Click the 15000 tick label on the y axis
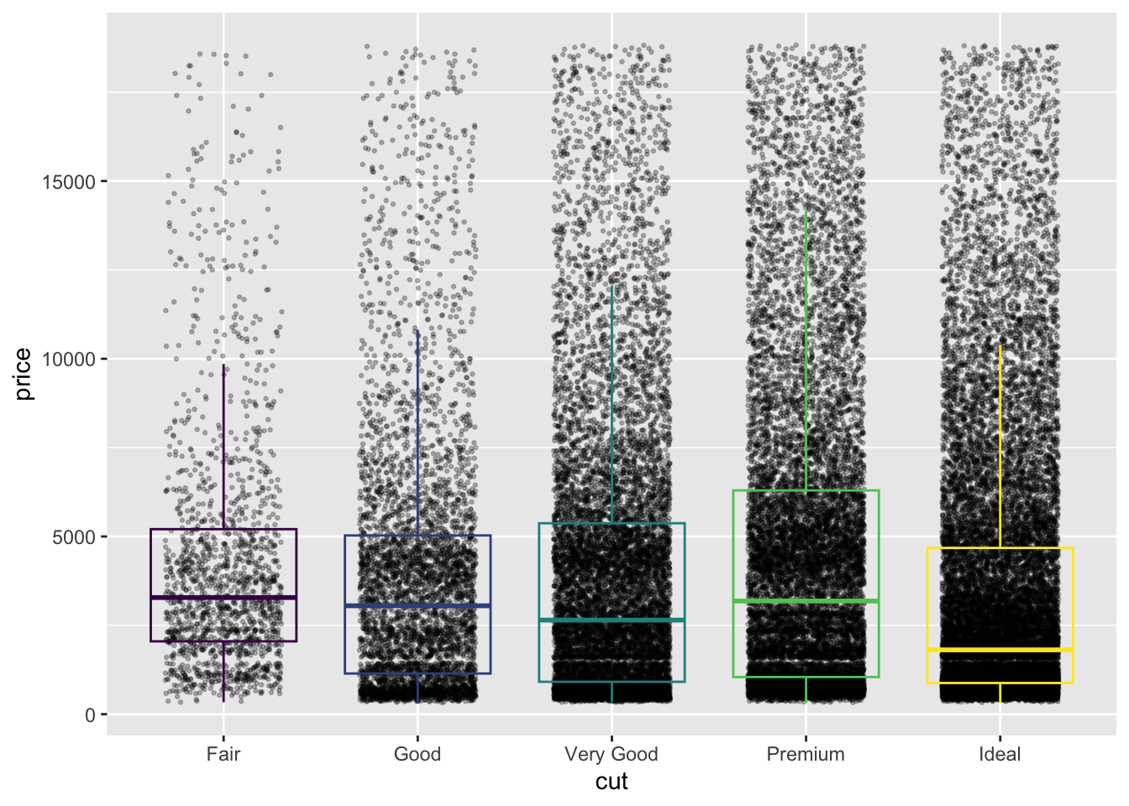tap(69, 181)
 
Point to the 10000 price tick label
tap(69, 359)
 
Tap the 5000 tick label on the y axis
tap(74, 537)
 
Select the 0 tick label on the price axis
tap(91, 715)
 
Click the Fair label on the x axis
tap(223, 754)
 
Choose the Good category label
tap(417, 754)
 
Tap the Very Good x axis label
tap(612, 754)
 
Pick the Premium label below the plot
tap(806, 754)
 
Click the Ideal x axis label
tap(1000, 754)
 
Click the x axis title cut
tap(612, 782)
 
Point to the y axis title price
tap(24, 374)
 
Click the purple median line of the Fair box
tap(223, 597)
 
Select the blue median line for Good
tap(417, 605)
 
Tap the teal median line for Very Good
tap(612, 620)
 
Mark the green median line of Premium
tap(806, 601)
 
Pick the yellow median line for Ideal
tap(1000, 650)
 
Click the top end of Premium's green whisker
tap(806, 211)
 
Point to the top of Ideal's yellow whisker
tap(1000, 346)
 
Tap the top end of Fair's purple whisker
tap(223, 365)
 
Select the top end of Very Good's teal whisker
tap(612, 286)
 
